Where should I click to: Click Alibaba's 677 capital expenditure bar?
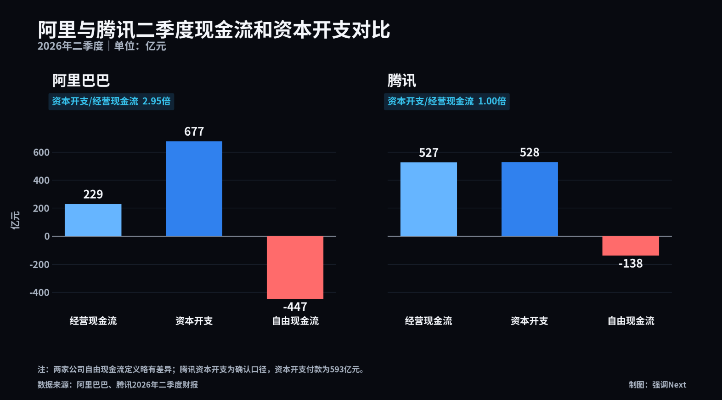click(194, 189)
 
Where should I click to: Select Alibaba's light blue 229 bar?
click(93, 220)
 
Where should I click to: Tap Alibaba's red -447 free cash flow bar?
click(295, 268)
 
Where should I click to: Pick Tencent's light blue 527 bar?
click(429, 199)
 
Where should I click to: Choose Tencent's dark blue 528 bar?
click(530, 199)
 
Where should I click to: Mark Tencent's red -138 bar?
click(631, 246)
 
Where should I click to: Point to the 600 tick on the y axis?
click(41, 152)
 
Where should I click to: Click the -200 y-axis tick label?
click(39, 264)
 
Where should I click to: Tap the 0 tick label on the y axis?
click(47, 236)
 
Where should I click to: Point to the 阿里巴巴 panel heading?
click(81, 80)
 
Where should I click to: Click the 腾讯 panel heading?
click(401, 80)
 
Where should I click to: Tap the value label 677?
click(194, 131)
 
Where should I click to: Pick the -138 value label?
click(631, 263)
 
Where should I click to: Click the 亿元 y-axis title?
click(15, 221)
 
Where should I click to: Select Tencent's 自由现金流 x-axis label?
click(631, 321)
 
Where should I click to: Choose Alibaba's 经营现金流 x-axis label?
click(93, 321)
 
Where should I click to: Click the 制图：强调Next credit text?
click(658, 385)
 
